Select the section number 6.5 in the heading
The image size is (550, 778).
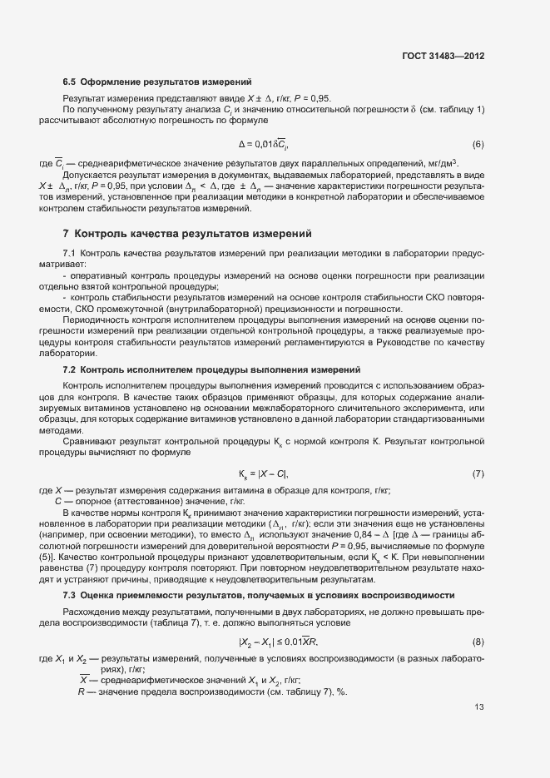70,82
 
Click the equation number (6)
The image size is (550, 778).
478,143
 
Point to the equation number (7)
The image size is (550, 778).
478,473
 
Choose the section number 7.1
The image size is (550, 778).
70,252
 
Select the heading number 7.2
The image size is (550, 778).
70,369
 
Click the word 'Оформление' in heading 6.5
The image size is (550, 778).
112,82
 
